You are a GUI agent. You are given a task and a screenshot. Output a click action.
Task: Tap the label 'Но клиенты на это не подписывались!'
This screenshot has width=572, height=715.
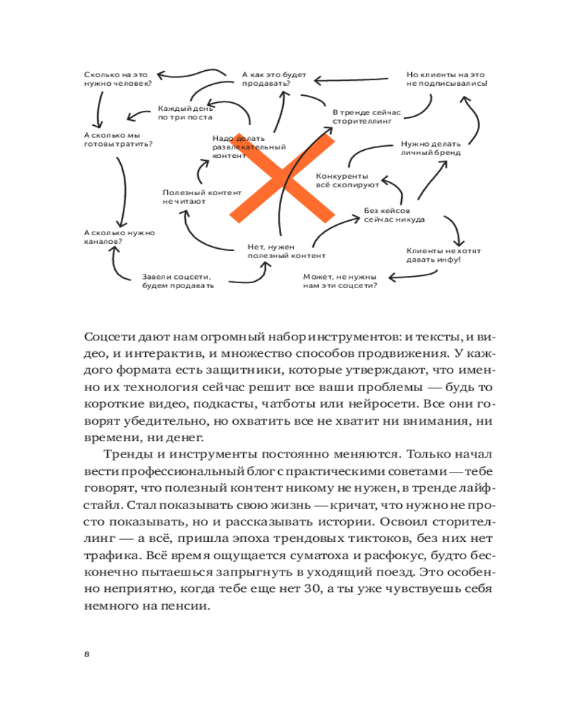click(446, 79)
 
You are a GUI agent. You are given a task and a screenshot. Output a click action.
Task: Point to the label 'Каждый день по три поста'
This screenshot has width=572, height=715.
click(185, 112)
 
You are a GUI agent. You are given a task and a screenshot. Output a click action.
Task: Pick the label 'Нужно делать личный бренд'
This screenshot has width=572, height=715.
click(430, 147)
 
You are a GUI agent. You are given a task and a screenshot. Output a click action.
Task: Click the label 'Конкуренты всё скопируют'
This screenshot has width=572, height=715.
click(347, 179)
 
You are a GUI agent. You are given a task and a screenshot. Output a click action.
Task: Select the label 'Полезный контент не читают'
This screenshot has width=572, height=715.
click(192, 197)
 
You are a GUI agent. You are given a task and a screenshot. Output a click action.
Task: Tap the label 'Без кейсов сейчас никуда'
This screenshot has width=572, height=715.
click(395, 214)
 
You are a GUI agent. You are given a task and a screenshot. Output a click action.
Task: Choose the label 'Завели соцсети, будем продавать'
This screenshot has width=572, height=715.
click(178, 280)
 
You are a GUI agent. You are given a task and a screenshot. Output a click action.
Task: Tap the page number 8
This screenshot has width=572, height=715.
click(87, 654)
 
